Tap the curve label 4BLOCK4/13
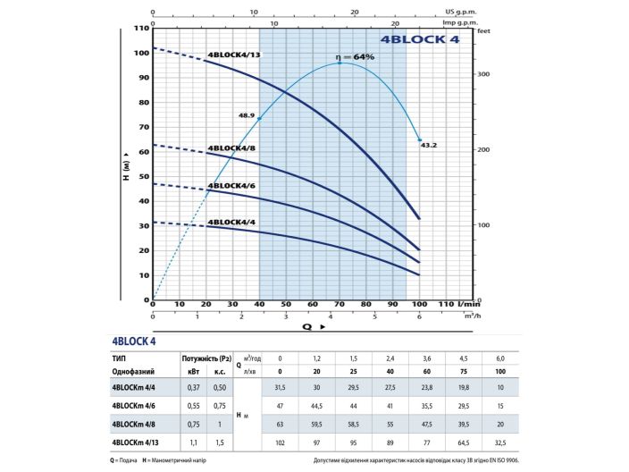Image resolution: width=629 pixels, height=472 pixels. pos(234,55)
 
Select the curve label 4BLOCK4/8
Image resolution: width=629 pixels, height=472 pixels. pos(232,148)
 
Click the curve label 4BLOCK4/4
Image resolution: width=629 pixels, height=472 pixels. pos(232,222)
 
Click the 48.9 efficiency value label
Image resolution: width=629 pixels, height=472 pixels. pos(247,115)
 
